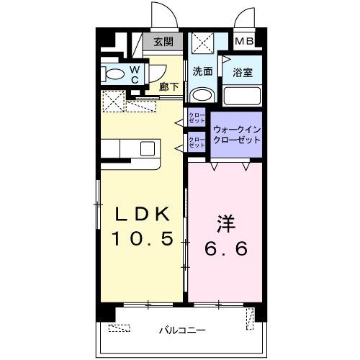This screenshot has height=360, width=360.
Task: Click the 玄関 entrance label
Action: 163,42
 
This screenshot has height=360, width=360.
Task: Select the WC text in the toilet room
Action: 134,74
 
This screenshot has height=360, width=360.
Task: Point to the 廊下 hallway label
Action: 169,85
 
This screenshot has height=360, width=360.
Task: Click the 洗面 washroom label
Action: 202,71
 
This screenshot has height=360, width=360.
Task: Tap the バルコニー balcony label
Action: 180,330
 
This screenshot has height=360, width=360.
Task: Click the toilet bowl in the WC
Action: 113,74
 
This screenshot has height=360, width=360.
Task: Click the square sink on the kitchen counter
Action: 147,149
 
